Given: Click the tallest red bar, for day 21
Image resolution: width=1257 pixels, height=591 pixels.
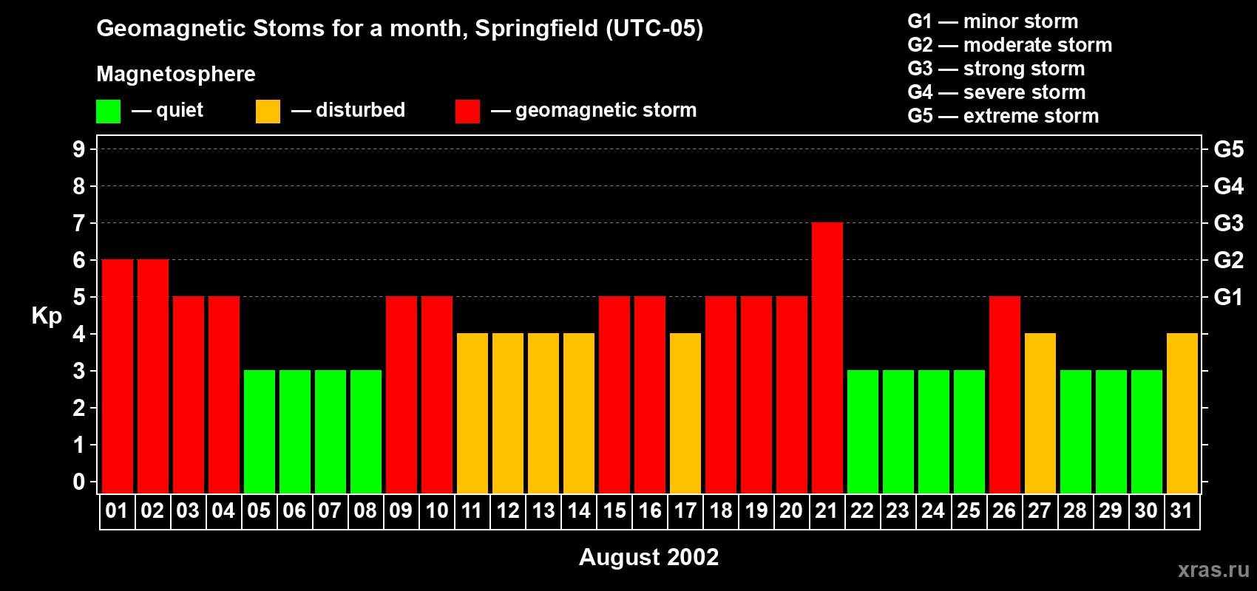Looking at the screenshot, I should pos(827,358).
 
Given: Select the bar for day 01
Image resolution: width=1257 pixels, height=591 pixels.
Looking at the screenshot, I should pos(118,376).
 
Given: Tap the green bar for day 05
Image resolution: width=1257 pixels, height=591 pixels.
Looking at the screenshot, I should pos(260,431).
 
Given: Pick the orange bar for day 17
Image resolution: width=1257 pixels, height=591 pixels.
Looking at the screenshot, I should pos(685,413).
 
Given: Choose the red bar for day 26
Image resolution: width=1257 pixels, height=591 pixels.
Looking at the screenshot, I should pos(1004,394).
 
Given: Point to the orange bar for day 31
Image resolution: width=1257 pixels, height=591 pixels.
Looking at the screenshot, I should pos(1182,413).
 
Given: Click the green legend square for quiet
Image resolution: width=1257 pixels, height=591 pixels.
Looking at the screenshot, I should pos(108,112).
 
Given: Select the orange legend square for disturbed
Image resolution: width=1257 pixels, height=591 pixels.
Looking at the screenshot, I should pos(268,112).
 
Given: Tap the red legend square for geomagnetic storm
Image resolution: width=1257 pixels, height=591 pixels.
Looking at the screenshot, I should pos(467,112).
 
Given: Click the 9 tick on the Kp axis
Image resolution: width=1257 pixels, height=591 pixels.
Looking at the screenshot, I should pos(79,149).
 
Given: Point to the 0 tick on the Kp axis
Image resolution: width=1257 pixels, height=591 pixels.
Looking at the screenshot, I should pos(79,482).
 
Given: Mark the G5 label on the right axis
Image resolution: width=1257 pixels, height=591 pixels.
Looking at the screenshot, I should pos(1228,149).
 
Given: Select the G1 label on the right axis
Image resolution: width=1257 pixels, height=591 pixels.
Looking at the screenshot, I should pos(1228,297).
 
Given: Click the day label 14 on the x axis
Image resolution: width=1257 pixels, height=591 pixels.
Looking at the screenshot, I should pos(579,510).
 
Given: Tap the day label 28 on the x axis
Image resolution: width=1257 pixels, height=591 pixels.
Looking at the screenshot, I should pos(1075,510).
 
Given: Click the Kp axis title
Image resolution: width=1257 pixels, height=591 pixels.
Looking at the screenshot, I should pos(47,315).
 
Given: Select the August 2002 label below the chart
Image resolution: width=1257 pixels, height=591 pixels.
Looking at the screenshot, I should pos(648,557).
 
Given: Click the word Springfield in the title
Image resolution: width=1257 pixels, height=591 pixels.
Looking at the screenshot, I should pos(536,28).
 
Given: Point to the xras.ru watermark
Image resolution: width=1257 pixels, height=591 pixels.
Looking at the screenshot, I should pos(1213,569).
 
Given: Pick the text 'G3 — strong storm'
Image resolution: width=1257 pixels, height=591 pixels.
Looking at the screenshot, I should pos(996,69).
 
